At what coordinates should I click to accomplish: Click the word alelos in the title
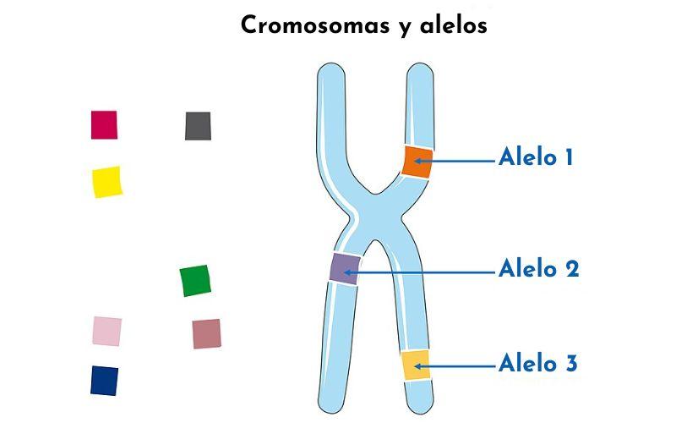pyautogui.click(x=454, y=25)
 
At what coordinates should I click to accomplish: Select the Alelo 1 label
pyautogui.click(x=536, y=157)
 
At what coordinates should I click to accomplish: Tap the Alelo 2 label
pyautogui.click(x=538, y=268)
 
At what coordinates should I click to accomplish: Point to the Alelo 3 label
pyautogui.click(x=537, y=363)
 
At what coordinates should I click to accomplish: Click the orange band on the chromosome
pyautogui.click(x=417, y=162)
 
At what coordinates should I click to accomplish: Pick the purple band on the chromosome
pyautogui.click(x=345, y=268)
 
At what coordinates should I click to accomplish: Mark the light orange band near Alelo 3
pyautogui.click(x=416, y=365)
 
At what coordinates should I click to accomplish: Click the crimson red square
pyautogui.click(x=104, y=124)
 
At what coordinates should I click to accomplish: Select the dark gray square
pyautogui.click(x=198, y=126)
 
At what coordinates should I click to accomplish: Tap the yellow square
pyautogui.click(x=107, y=182)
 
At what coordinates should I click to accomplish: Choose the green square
pyautogui.click(x=195, y=281)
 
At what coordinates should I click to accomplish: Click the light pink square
pyautogui.click(x=107, y=331)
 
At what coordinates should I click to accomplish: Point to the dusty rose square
pyautogui.click(x=206, y=333)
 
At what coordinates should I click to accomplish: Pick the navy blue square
pyautogui.click(x=104, y=381)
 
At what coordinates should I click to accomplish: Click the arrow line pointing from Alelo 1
pyautogui.click(x=455, y=161)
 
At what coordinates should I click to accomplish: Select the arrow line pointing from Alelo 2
pyautogui.click(x=419, y=272)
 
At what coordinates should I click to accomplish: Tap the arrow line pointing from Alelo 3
pyautogui.click(x=455, y=366)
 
